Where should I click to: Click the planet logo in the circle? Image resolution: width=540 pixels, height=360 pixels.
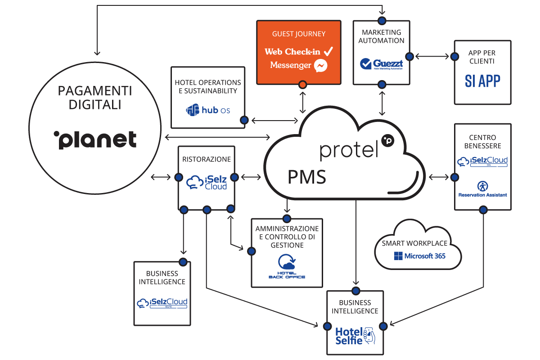(x=94, y=139)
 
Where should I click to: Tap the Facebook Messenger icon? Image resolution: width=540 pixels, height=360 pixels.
(x=320, y=66)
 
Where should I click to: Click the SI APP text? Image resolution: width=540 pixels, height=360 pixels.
(x=482, y=81)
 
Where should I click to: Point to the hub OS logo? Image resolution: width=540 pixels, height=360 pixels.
(x=208, y=109)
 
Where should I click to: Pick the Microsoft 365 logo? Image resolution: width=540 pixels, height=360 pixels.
(x=419, y=256)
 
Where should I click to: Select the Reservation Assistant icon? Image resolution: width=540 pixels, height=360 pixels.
(x=483, y=186)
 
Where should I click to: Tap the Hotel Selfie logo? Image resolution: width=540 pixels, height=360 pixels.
(x=355, y=335)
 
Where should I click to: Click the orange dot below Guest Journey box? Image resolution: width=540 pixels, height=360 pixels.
(x=302, y=85)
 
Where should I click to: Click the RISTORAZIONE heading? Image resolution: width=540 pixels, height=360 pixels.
(x=207, y=159)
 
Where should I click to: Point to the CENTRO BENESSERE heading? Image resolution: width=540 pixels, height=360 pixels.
(x=482, y=142)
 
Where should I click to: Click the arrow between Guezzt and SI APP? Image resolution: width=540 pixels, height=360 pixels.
(x=432, y=57)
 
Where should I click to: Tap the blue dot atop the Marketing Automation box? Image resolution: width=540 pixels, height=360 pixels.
(x=382, y=20)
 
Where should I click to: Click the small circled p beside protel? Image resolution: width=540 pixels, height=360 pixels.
(x=387, y=140)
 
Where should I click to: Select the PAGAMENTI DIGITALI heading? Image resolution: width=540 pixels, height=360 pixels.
(x=95, y=98)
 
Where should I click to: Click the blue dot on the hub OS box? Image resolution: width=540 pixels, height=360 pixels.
(x=244, y=120)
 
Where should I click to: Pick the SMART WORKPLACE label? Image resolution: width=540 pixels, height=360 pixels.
(x=414, y=243)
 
